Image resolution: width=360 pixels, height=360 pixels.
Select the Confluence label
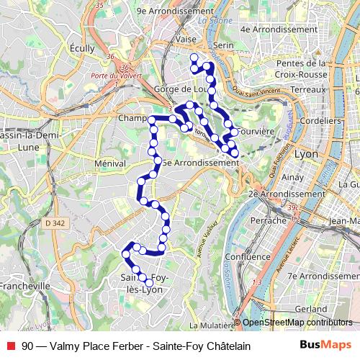(247, 256)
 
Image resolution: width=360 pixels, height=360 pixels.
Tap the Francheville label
(25, 285)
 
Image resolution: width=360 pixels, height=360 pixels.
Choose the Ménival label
(110, 164)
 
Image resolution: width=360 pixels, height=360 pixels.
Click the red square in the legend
(10, 346)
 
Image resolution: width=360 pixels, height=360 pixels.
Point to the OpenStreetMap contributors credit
(297, 323)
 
